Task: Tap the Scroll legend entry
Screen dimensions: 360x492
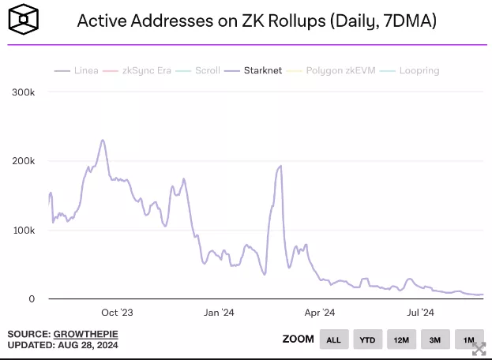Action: tap(201, 70)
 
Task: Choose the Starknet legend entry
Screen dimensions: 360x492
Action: tap(257, 70)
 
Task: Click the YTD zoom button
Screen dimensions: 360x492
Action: tap(367, 339)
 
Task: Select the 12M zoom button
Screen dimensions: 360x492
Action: tap(401, 339)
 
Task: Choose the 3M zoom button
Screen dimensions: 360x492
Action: tap(435, 339)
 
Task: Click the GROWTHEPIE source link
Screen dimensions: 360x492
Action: tap(85, 335)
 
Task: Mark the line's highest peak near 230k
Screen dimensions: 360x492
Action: tap(103, 141)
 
